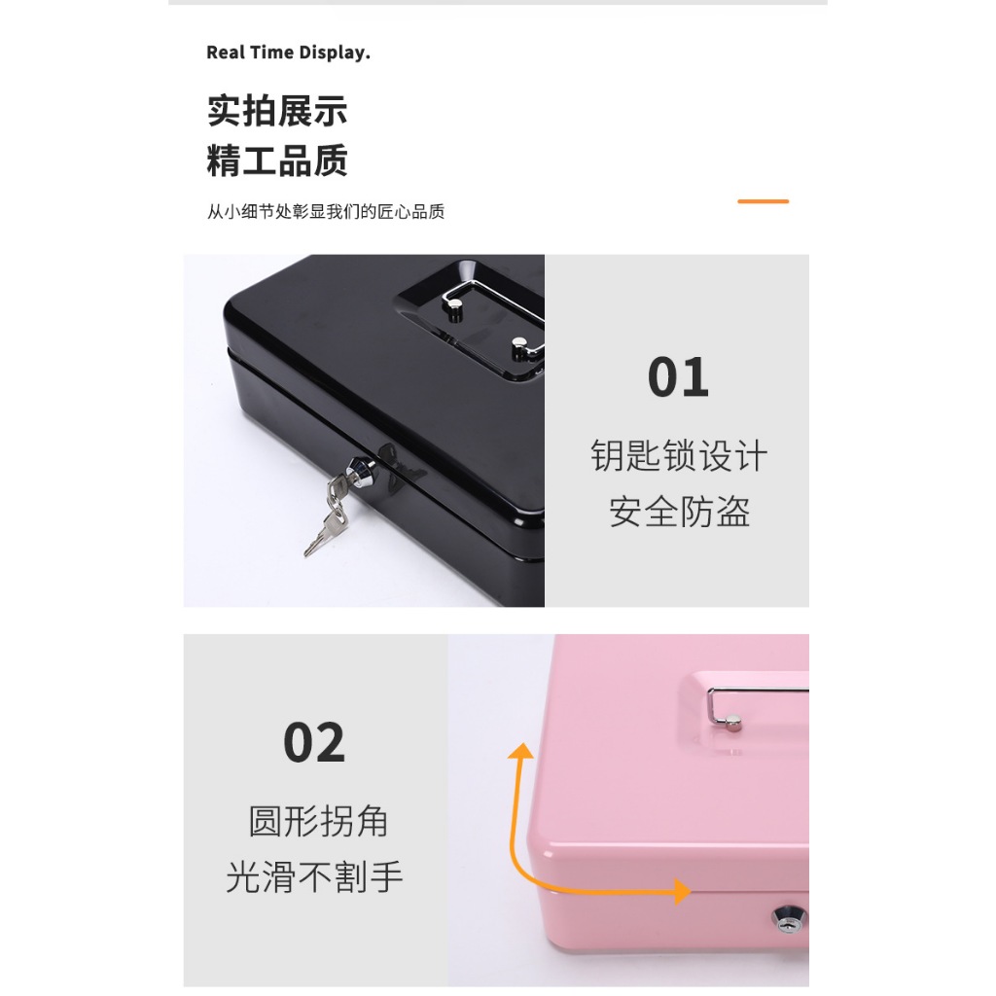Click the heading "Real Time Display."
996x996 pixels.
coord(288,53)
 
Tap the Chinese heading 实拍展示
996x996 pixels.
coord(277,111)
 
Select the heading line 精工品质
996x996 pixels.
coord(277,160)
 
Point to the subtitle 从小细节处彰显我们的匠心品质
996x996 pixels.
coord(325,211)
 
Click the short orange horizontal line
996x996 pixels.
coord(763,201)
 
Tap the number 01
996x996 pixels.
coord(678,377)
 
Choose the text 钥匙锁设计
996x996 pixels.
coord(679,455)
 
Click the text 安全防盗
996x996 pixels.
coord(679,512)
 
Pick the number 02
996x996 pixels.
coord(314,742)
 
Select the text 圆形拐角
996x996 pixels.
coord(318,821)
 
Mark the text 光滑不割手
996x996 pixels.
coord(314,877)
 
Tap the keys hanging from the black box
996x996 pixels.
coord(328,515)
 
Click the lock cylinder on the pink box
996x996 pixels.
coord(789,918)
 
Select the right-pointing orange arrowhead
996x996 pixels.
coord(683,891)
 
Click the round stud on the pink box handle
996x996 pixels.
coord(733,723)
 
